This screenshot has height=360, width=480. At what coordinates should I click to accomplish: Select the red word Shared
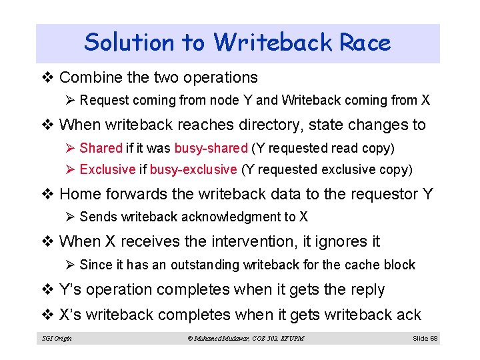point(101,148)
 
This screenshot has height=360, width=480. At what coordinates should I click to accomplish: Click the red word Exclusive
point(107,169)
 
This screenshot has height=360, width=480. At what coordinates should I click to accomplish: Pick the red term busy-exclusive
point(193,169)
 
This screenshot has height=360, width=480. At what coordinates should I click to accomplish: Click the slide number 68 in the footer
point(434,339)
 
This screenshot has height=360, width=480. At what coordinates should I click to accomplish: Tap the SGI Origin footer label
point(56,339)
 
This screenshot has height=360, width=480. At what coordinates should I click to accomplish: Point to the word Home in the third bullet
point(79,194)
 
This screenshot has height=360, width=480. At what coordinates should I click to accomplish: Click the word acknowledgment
point(235,217)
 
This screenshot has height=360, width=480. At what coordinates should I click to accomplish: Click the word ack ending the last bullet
point(408,314)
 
